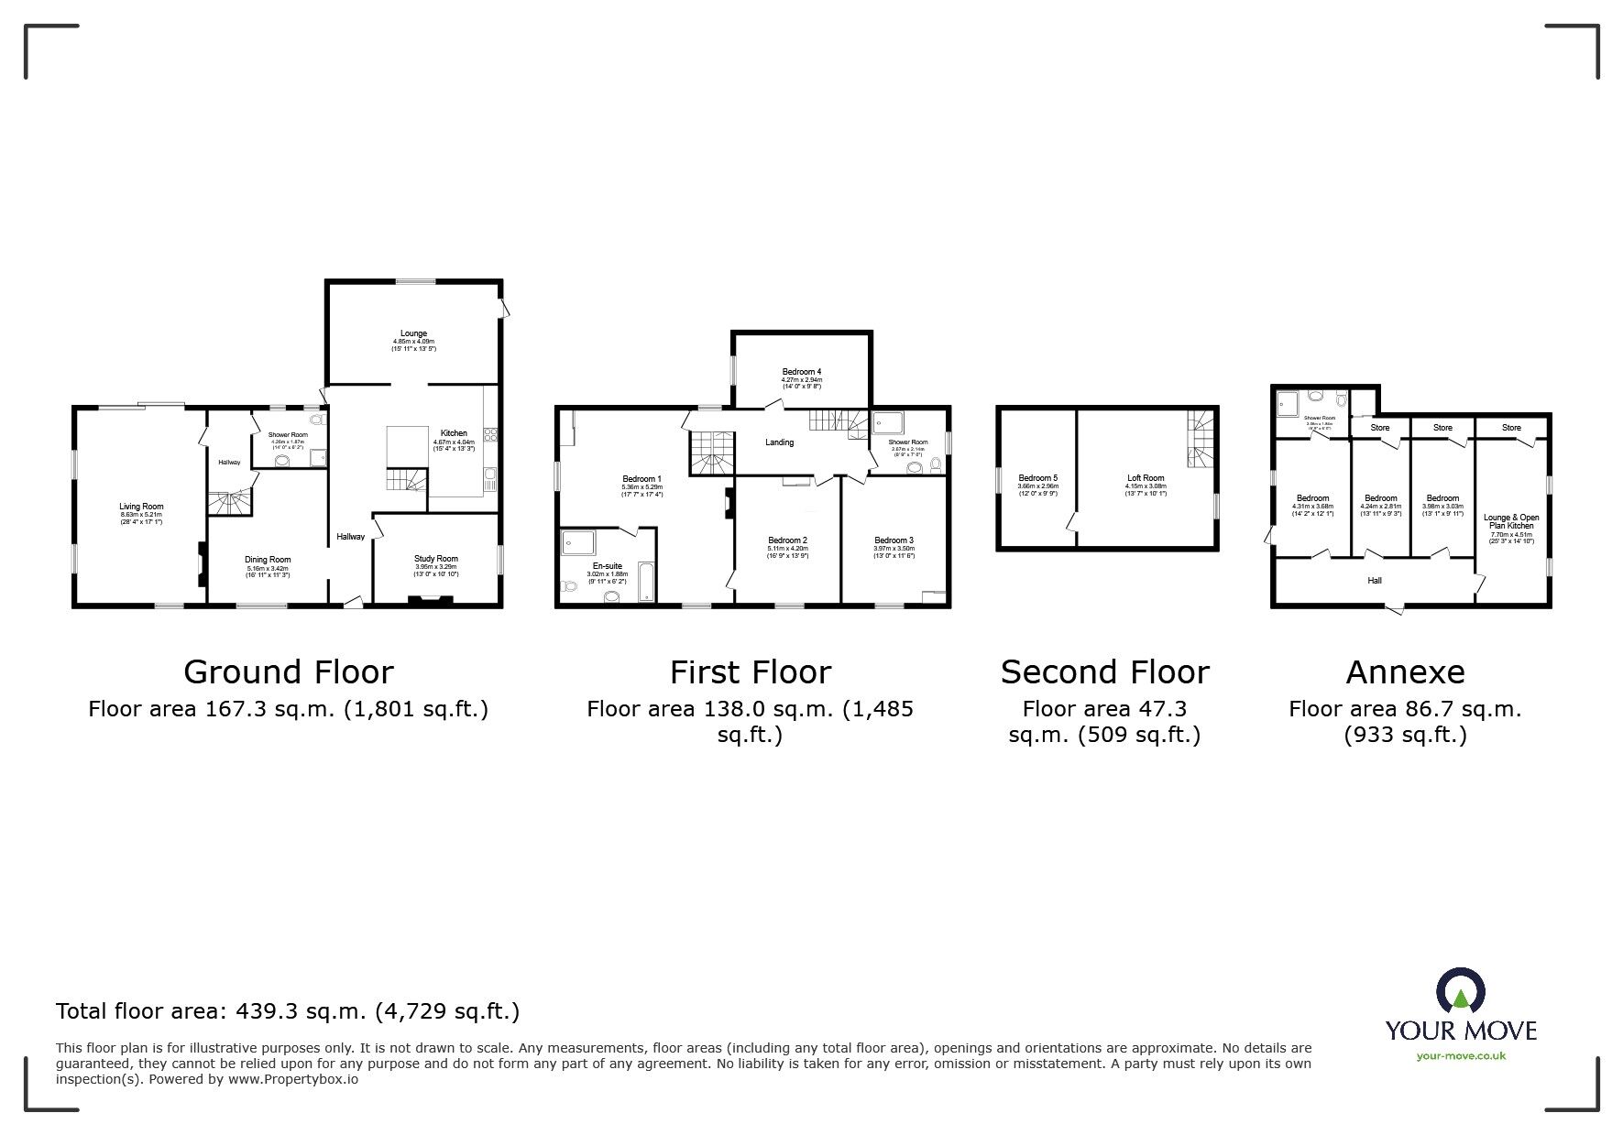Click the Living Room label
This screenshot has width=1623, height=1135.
141,507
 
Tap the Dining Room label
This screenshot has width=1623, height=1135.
268,560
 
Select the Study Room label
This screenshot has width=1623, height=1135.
435,559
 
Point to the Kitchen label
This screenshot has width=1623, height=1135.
454,433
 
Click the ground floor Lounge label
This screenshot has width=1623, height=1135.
413,333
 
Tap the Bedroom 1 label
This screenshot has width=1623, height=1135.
642,479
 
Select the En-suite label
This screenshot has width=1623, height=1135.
607,566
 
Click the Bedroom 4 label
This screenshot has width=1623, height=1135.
801,372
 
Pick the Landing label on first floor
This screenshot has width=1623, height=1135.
779,442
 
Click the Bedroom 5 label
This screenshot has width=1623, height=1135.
1037,478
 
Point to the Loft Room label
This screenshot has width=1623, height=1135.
1146,478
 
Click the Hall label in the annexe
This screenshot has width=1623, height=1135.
1375,580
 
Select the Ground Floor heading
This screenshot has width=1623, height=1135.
289,672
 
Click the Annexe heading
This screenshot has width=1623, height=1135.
1405,672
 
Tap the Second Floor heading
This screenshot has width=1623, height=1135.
1104,672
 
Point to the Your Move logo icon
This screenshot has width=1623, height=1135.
1461,992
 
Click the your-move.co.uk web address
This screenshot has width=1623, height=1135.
1461,1056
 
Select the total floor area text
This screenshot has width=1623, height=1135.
288,1011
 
